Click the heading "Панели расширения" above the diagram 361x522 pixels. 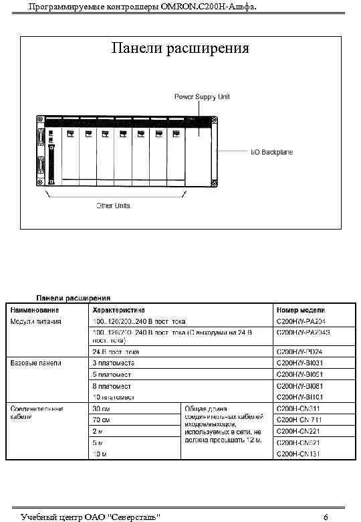pos(180,48)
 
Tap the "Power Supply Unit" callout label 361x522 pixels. pos(203,96)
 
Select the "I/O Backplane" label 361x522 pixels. pos(271,152)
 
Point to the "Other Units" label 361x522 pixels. pos(114,205)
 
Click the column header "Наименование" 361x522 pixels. pos(33,310)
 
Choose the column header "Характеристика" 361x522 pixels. pos(118,310)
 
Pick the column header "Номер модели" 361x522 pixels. pos(300,310)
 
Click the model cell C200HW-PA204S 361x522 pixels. pos(304,332)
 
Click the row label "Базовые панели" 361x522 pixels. pos(35,363)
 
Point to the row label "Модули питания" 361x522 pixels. pos(35,321)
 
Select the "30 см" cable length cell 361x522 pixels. pos(102,408)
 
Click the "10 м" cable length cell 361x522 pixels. pos(100,454)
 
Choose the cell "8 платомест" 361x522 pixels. pos(112,386)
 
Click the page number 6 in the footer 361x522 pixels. pos(325,517)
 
